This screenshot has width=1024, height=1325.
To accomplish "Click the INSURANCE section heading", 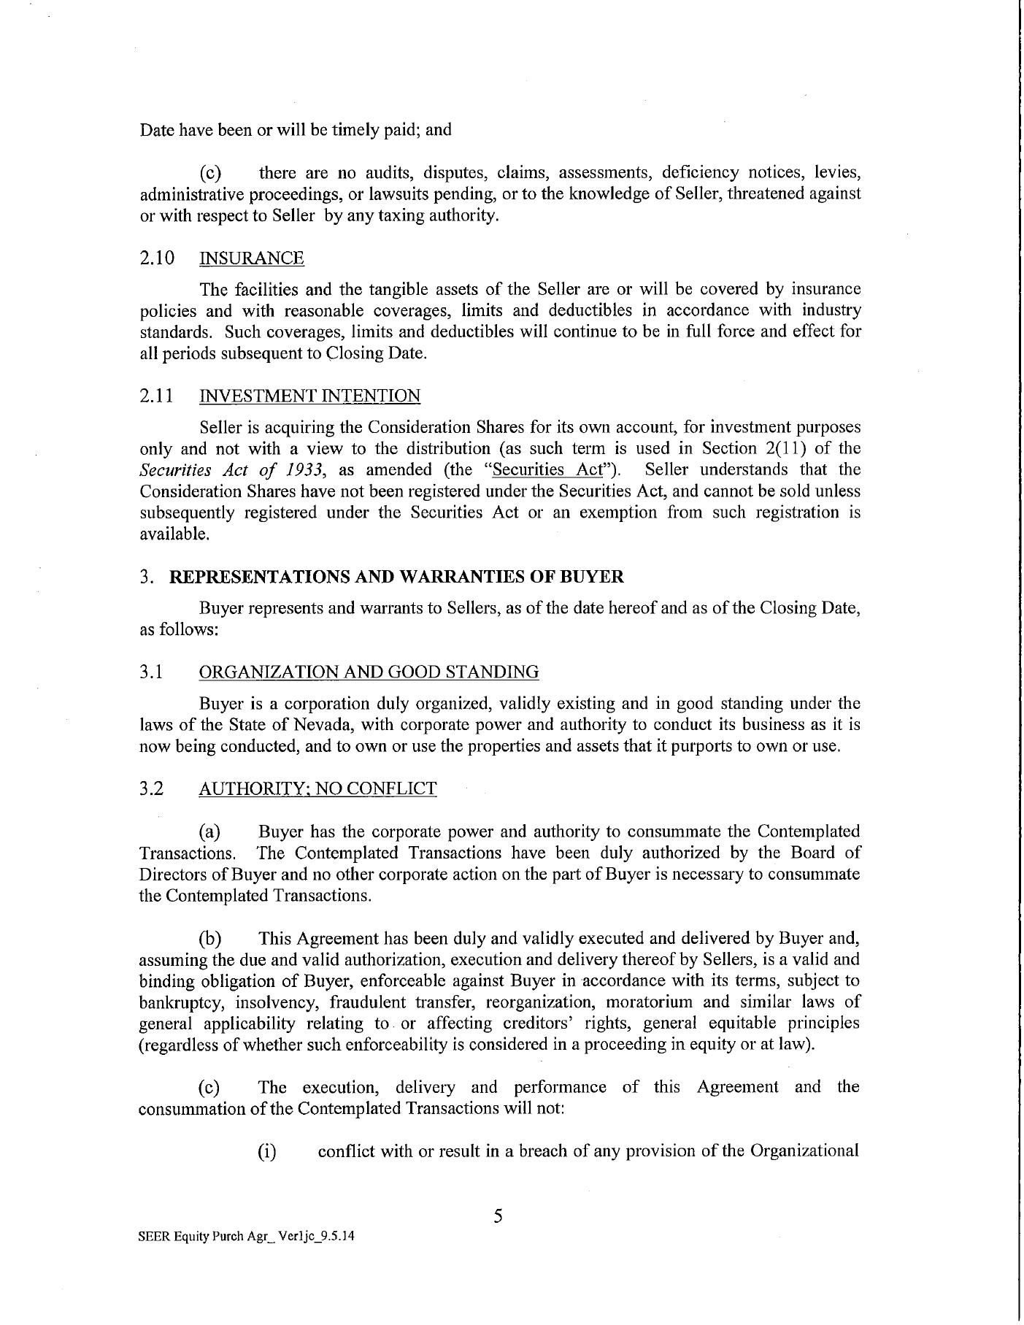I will pyautogui.click(x=252, y=258).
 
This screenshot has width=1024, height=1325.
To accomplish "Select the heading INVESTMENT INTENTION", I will pyautogui.click(x=309, y=396).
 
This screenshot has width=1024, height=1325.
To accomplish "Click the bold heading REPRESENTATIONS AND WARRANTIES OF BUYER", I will pyautogui.click(x=396, y=577).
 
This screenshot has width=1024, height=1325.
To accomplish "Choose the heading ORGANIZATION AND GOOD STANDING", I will pyautogui.click(x=369, y=672).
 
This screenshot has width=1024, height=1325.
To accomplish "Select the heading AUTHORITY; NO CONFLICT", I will pyautogui.click(x=317, y=788).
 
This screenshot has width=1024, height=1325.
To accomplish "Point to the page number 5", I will pyautogui.click(x=498, y=1215).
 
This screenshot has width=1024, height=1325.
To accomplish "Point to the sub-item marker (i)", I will pyautogui.click(x=268, y=1151).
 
